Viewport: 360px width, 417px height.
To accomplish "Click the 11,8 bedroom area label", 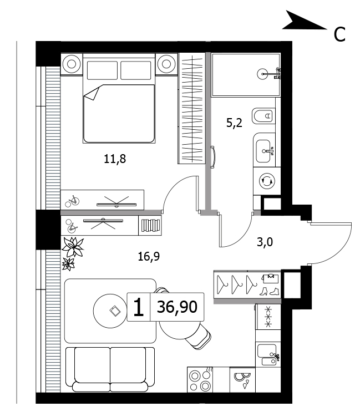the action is click(115, 159).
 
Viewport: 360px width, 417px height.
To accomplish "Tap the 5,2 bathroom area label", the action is click(234, 123).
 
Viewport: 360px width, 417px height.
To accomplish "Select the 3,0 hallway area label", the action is click(265, 242).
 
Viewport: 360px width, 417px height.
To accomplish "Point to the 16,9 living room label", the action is click(149, 257).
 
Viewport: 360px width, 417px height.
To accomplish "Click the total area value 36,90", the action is click(177, 307).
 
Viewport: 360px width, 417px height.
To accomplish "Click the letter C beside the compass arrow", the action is click(339, 34).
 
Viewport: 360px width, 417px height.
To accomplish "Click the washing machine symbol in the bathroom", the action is click(267, 181).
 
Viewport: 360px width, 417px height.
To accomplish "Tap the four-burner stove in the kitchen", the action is click(200, 380).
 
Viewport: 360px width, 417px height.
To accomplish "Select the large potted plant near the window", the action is click(73, 247).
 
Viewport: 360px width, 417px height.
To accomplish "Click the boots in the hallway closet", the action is click(270, 291).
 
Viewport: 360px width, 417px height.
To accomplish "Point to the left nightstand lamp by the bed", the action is click(72, 64).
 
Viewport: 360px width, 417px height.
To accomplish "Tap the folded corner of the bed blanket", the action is click(92, 93).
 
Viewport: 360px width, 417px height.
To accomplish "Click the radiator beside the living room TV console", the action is click(150, 225).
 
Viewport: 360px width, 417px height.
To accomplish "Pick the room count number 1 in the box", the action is click(138, 307).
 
